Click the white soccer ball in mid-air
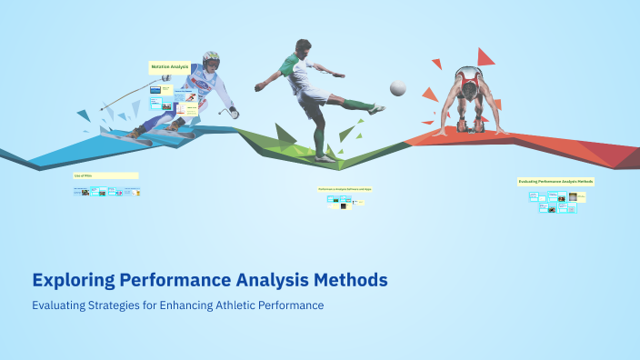click(397, 87)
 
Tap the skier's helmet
click(211, 61)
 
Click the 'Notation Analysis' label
click(169, 67)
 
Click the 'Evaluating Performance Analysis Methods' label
click(555, 182)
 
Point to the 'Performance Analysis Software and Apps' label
click(345, 189)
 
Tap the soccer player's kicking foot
click(375, 109)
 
